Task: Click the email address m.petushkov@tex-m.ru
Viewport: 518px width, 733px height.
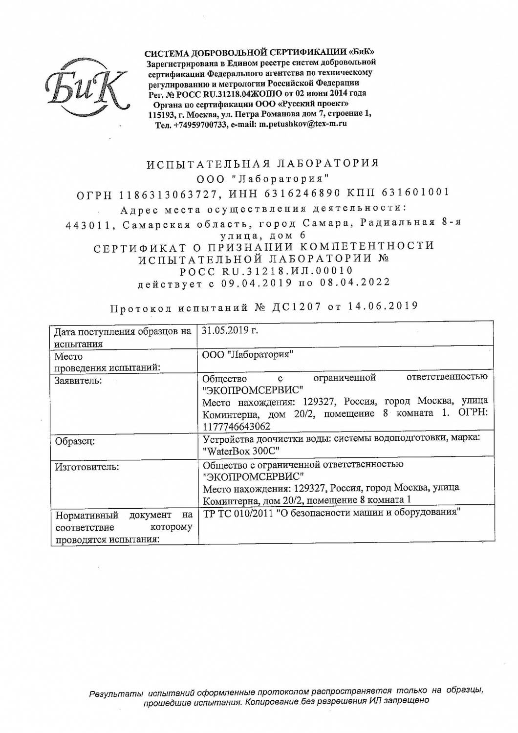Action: pos(302,124)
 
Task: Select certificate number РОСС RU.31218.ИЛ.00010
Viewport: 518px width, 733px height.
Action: pos(266,271)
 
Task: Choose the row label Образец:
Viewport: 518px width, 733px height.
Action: pos(75,441)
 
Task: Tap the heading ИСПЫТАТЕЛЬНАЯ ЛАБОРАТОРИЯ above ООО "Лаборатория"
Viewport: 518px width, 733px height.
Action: pos(263,163)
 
